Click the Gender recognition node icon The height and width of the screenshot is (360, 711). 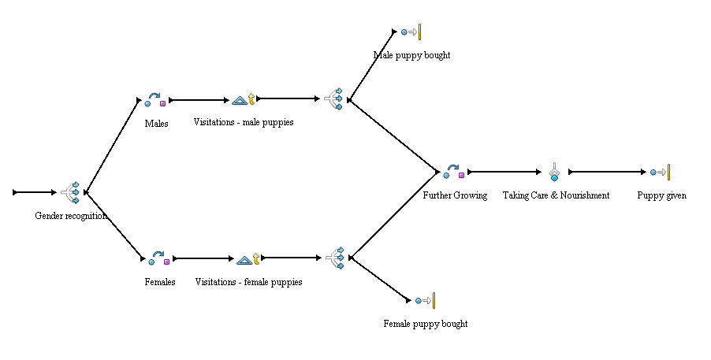coord(71,191)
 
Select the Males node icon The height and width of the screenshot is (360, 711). coord(155,100)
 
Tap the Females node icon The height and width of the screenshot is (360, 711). coord(158,258)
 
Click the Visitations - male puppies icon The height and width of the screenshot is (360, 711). coord(244,99)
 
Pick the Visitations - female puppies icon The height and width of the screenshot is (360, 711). coord(248,258)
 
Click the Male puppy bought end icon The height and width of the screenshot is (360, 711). coord(411,32)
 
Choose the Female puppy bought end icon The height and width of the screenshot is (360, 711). coord(425,300)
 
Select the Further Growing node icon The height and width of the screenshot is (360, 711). coord(453,171)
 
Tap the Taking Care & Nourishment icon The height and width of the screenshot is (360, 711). coord(555,172)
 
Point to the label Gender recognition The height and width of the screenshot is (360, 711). coord(71,215)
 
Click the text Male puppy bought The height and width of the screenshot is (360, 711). coord(411,55)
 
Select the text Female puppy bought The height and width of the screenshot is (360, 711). coord(425,324)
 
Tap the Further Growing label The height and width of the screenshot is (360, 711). coord(454,195)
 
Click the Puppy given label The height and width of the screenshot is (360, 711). coord(661,195)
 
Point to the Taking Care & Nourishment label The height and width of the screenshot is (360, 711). coord(556,195)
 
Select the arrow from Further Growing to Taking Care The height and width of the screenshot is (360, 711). coord(508,171)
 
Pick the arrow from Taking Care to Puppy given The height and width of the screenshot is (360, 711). coord(607,171)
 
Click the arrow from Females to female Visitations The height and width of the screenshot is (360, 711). coord(203,258)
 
